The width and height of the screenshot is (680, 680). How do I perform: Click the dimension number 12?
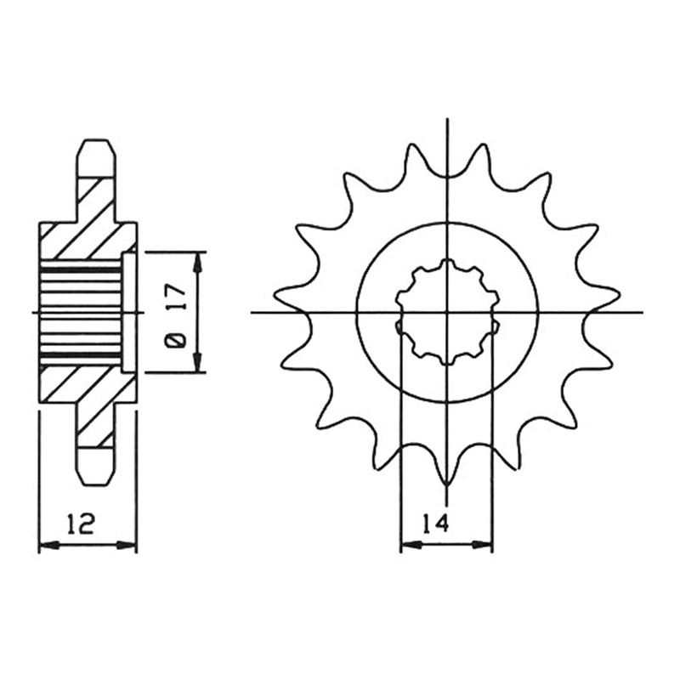pos(80,523)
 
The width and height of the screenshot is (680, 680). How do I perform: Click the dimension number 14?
pos(435,524)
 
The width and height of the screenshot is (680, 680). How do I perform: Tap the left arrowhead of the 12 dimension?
pos(48,545)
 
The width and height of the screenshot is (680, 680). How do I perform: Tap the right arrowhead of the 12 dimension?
pos(127,545)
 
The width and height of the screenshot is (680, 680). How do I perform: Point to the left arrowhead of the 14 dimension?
pos(410,544)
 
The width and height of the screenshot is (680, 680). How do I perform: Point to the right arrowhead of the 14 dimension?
pos(483,544)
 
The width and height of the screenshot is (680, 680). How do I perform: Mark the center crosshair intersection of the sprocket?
pos(447,312)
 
